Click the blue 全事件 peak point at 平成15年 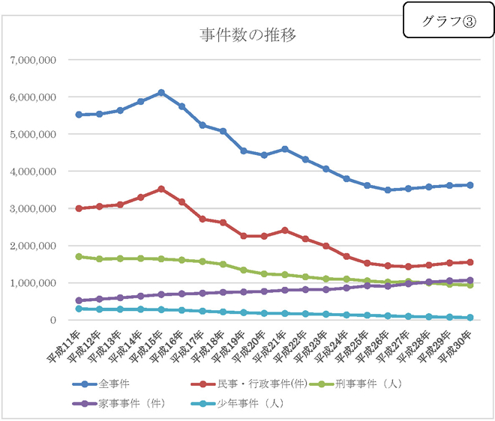coord(161,93)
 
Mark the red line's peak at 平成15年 coord(161,189)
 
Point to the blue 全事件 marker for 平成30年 coord(469,185)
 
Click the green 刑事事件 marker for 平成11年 coord(79,256)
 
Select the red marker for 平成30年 coord(469,262)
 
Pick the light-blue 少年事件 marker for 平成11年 coord(79,309)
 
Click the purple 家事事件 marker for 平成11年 coord(79,300)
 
